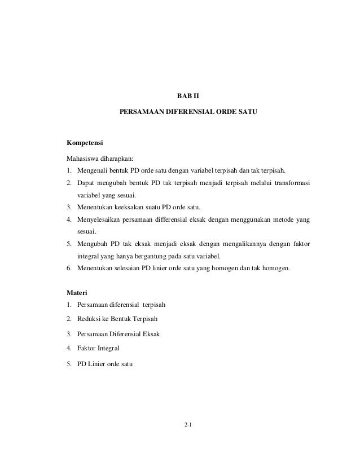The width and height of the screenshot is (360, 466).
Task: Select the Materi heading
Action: tap(77, 293)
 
